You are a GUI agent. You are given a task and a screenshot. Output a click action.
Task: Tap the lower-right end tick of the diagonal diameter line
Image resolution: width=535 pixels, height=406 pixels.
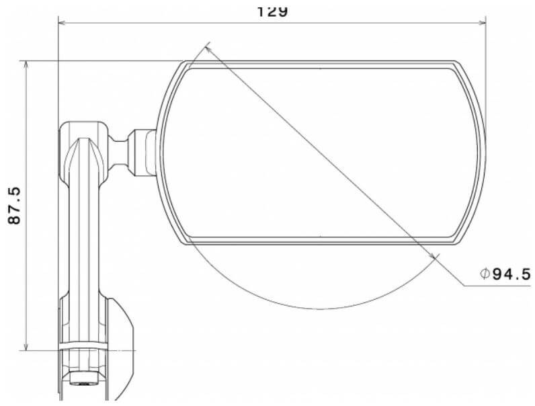pos(434,257)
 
